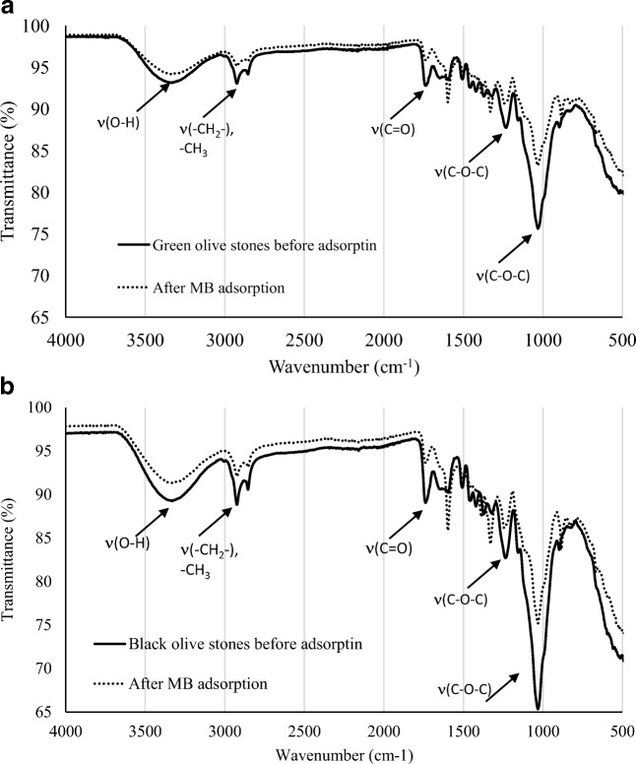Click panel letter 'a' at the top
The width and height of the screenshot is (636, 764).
pos(9,9)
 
